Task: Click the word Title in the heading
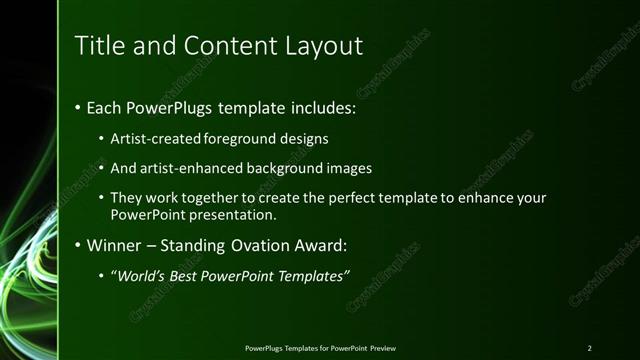(96, 46)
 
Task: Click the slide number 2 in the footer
(589, 347)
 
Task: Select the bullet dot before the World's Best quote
(102, 277)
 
